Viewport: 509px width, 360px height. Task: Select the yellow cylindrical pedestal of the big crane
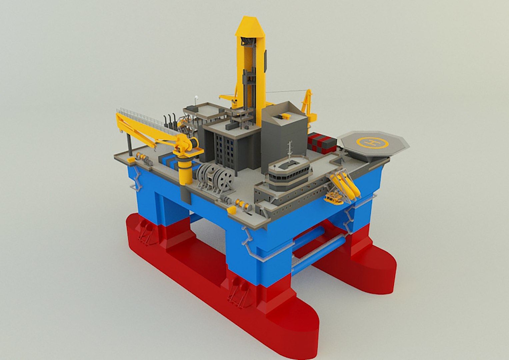[185, 172]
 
